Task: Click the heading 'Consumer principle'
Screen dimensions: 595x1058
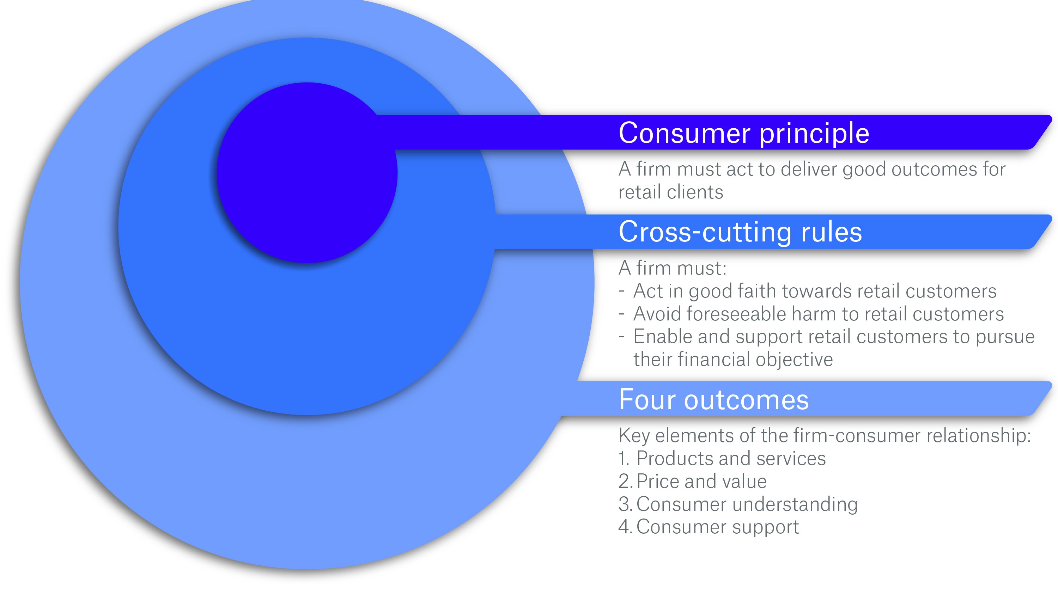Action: pyautogui.click(x=743, y=133)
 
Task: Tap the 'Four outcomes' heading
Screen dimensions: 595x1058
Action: pyautogui.click(x=713, y=399)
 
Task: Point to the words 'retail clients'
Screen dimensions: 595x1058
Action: pyautogui.click(x=670, y=192)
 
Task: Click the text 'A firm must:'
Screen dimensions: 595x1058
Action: pyautogui.click(x=672, y=268)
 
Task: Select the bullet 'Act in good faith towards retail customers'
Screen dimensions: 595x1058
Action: pyautogui.click(x=814, y=291)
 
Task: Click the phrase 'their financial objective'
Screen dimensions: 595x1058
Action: pyautogui.click(x=733, y=359)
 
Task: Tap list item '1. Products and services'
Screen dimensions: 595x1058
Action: pyautogui.click(x=722, y=459)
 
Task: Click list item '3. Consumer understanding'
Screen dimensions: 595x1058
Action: pyautogui.click(x=738, y=504)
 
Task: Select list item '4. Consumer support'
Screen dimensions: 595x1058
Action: pyautogui.click(x=709, y=527)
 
